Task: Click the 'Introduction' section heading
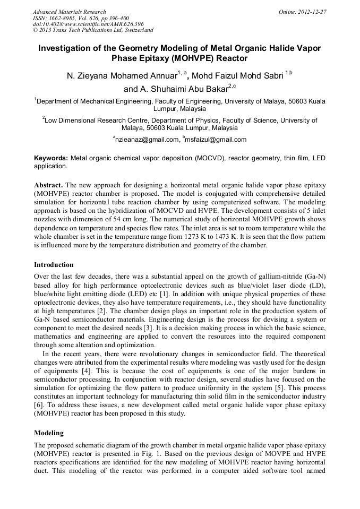point(54,264)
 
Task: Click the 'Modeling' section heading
point(48,433)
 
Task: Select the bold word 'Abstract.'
point(48,185)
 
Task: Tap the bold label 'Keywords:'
point(51,158)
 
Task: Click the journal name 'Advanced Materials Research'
point(69,12)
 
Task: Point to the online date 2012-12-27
point(308,12)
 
